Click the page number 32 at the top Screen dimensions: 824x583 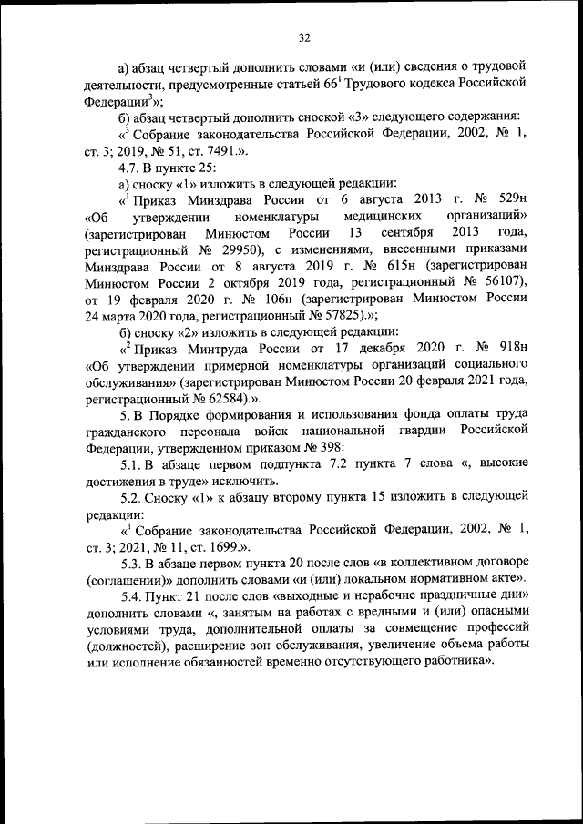click(x=304, y=37)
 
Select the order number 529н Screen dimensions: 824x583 click(x=509, y=199)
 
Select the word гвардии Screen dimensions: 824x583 click(x=424, y=430)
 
